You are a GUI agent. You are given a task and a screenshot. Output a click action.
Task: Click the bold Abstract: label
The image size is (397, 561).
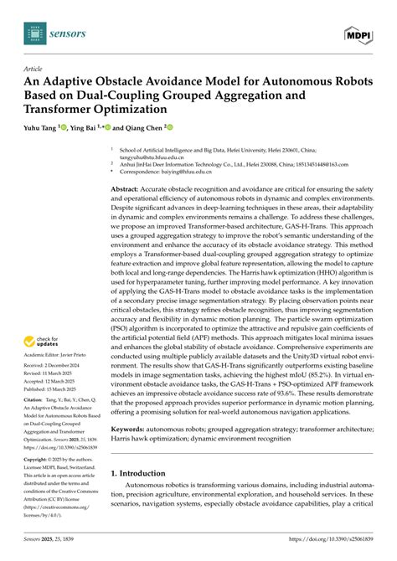tap(126, 190)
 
